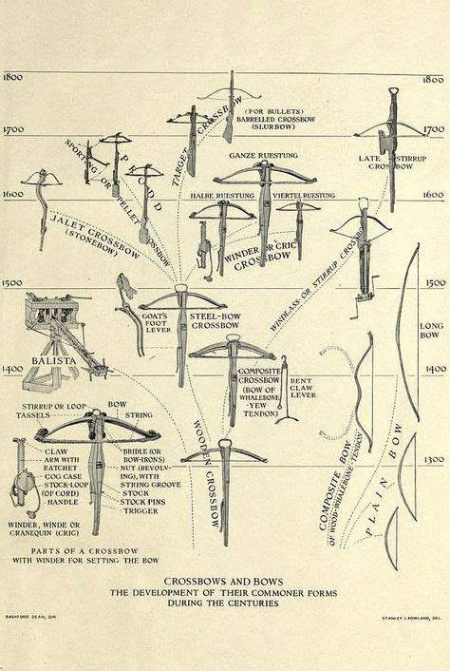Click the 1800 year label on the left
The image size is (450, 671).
13,77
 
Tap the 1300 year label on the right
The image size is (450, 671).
433,460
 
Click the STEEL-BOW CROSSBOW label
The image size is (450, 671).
215,319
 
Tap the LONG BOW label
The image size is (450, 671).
431,332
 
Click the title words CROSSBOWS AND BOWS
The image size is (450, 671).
224,580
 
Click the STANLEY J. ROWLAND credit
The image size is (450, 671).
409,616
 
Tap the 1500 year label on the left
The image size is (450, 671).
13,283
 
